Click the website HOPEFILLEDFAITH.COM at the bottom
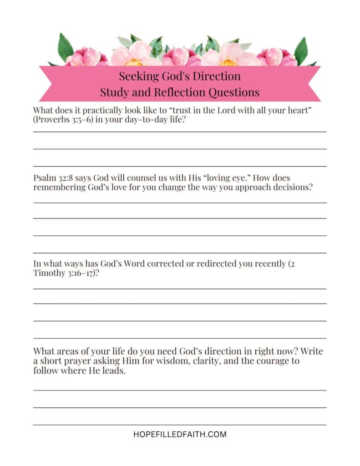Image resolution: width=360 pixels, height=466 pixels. coord(180,434)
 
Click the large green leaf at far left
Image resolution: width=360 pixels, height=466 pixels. coord(65,47)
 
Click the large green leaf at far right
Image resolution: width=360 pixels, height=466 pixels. coord(301,50)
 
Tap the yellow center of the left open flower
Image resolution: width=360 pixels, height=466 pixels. coord(133,61)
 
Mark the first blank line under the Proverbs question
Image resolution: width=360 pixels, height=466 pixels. coord(180,132)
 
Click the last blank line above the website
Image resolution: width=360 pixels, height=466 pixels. coord(180,425)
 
